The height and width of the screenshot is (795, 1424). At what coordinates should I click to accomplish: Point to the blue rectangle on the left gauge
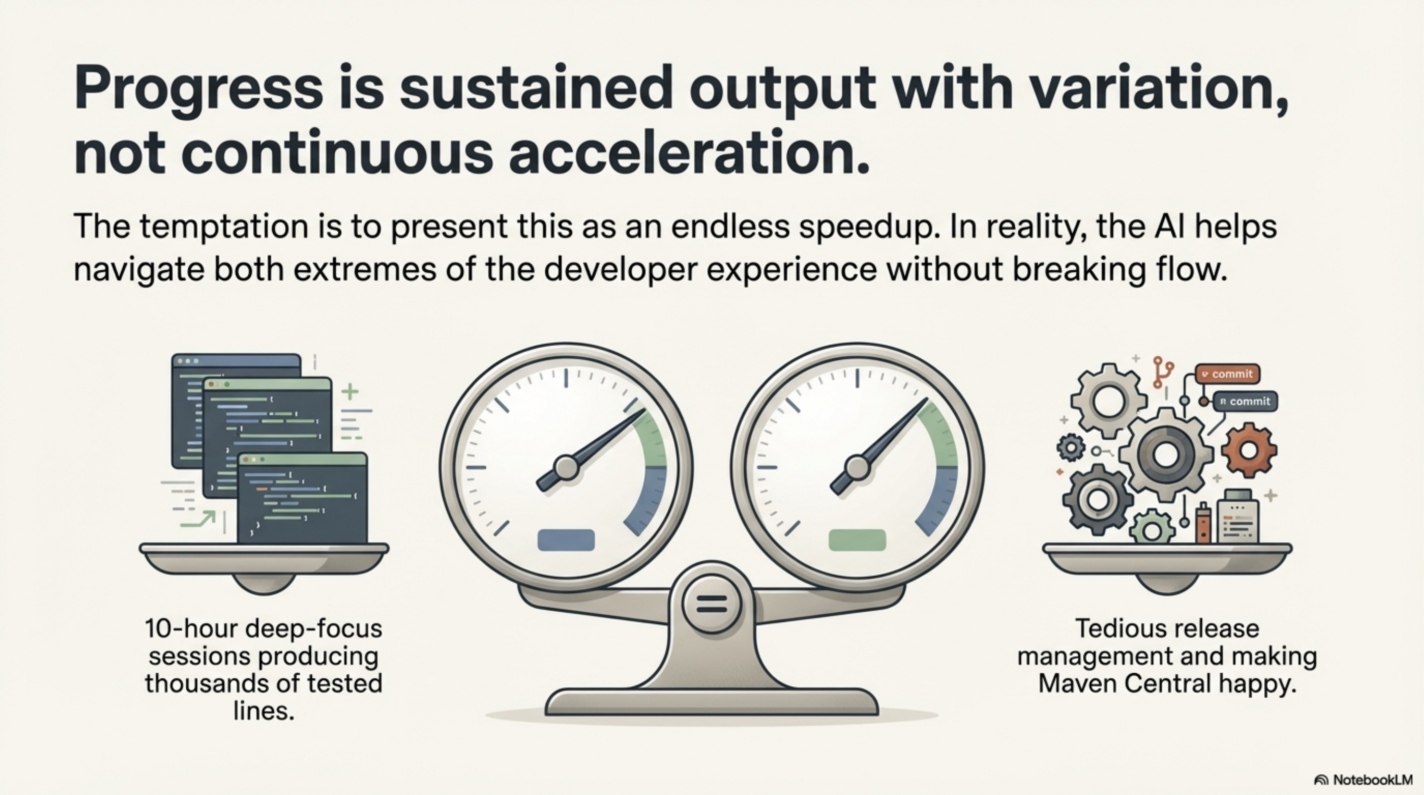(x=566, y=540)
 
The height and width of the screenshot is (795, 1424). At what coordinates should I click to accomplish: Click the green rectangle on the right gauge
(x=857, y=540)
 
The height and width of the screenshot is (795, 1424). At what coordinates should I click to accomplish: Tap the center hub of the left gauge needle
(x=566, y=468)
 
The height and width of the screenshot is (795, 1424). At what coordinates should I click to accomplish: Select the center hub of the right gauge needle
(x=857, y=468)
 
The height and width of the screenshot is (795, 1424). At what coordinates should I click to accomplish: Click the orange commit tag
(x=1227, y=374)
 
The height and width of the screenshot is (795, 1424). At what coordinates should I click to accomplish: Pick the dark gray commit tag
(x=1245, y=401)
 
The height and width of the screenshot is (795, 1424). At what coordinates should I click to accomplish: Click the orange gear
(x=1249, y=450)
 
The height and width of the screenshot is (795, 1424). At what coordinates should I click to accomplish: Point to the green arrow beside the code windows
(x=199, y=520)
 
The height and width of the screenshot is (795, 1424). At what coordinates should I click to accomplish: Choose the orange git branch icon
(x=1163, y=372)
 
